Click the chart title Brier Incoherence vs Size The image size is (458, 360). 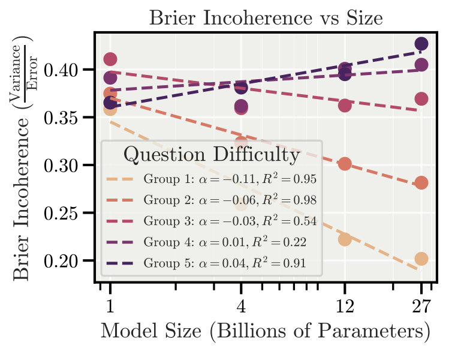coord(266,17)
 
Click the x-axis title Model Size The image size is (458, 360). coord(266,331)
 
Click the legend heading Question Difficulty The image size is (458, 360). coord(212,155)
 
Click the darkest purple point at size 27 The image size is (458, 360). coord(421,44)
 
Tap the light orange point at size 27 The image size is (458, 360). coord(421,259)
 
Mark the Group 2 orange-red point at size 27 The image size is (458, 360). coord(421,183)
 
